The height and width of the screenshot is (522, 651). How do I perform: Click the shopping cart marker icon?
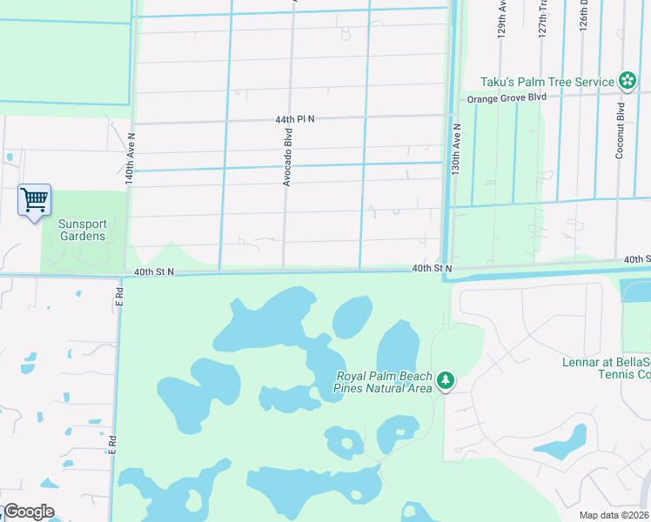click(x=34, y=200)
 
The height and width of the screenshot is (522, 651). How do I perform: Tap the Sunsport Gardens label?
click(x=82, y=230)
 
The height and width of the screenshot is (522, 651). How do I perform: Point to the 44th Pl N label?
click(x=294, y=118)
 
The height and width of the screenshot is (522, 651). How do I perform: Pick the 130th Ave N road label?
click(x=456, y=151)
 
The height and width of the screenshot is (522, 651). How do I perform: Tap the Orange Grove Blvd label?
click(x=507, y=97)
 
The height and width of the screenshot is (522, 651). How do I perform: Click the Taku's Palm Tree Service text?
click(x=547, y=81)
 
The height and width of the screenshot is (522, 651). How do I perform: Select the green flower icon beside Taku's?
click(x=627, y=81)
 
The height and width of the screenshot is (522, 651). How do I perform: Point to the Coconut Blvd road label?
click(x=621, y=131)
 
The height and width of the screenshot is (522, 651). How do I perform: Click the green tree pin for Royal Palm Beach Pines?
click(x=446, y=380)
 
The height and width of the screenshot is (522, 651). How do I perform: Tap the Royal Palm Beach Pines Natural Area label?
click(x=385, y=383)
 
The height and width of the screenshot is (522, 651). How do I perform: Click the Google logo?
click(x=28, y=512)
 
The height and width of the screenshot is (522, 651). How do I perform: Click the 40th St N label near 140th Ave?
click(x=154, y=272)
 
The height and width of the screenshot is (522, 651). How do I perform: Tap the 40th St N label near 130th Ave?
click(x=432, y=269)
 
